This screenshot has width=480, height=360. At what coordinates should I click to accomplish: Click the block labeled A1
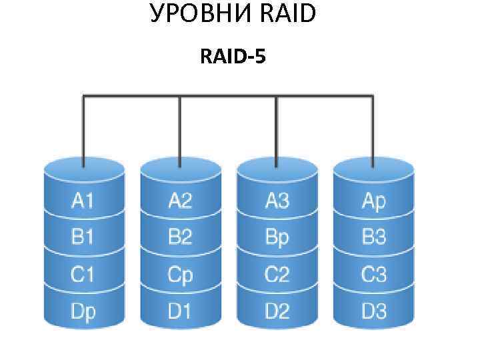(x=83, y=201)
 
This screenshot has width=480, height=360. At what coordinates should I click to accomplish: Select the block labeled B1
(x=83, y=237)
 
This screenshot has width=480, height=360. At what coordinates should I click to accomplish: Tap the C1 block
(x=83, y=274)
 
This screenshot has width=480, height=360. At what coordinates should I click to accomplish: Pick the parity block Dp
(x=83, y=311)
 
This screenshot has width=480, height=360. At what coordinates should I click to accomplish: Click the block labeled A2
(x=180, y=201)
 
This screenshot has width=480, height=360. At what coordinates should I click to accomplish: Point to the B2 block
(x=180, y=237)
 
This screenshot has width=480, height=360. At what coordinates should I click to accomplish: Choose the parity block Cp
(x=180, y=274)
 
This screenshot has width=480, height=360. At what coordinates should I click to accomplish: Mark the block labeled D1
(x=180, y=311)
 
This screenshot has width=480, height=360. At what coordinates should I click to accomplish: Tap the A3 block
(x=277, y=201)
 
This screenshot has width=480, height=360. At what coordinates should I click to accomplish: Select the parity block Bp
(x=277, y=237)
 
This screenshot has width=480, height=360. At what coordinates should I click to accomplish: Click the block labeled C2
(x=277, y=274)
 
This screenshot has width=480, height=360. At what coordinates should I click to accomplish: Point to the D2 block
(x=277, y=311)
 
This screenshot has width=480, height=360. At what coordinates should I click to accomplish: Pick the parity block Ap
(x=373, y=201)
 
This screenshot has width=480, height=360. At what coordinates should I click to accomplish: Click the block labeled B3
(x=373, y=237)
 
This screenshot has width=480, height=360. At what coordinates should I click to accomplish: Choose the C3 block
(x=373, y=274)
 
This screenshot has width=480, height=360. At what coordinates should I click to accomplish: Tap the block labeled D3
(x=373, y=311)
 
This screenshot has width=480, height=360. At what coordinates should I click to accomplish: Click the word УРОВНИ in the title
(x=201, y=14)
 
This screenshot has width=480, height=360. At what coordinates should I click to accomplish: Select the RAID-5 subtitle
(x=233, y=58)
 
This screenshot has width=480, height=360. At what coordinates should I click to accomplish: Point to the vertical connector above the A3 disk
(x=277, y=130)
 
